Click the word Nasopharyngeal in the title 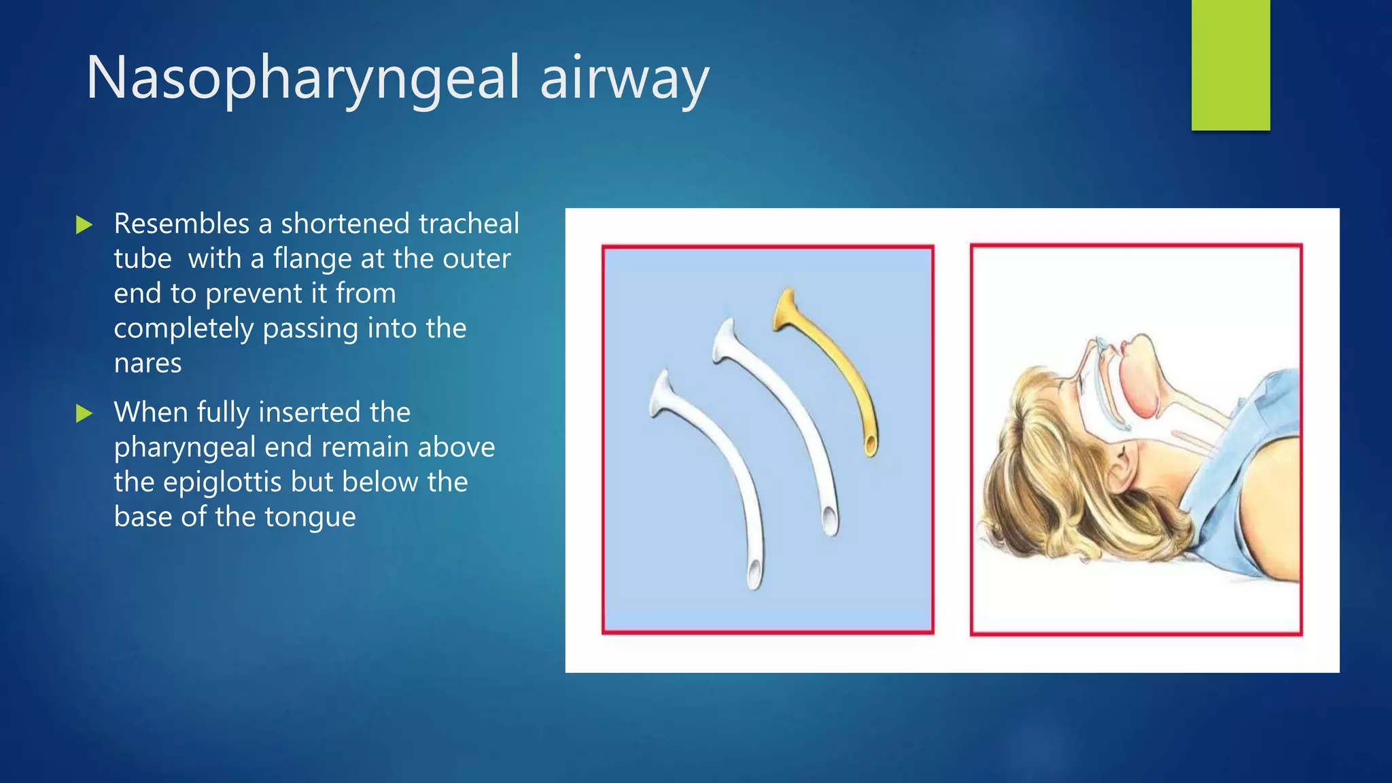tap(302, 80)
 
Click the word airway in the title tap(624, 80)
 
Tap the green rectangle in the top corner tap(1230, 65)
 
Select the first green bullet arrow tap(84, 225)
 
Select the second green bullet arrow tap(84, 413)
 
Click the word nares tap(147, 364)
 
